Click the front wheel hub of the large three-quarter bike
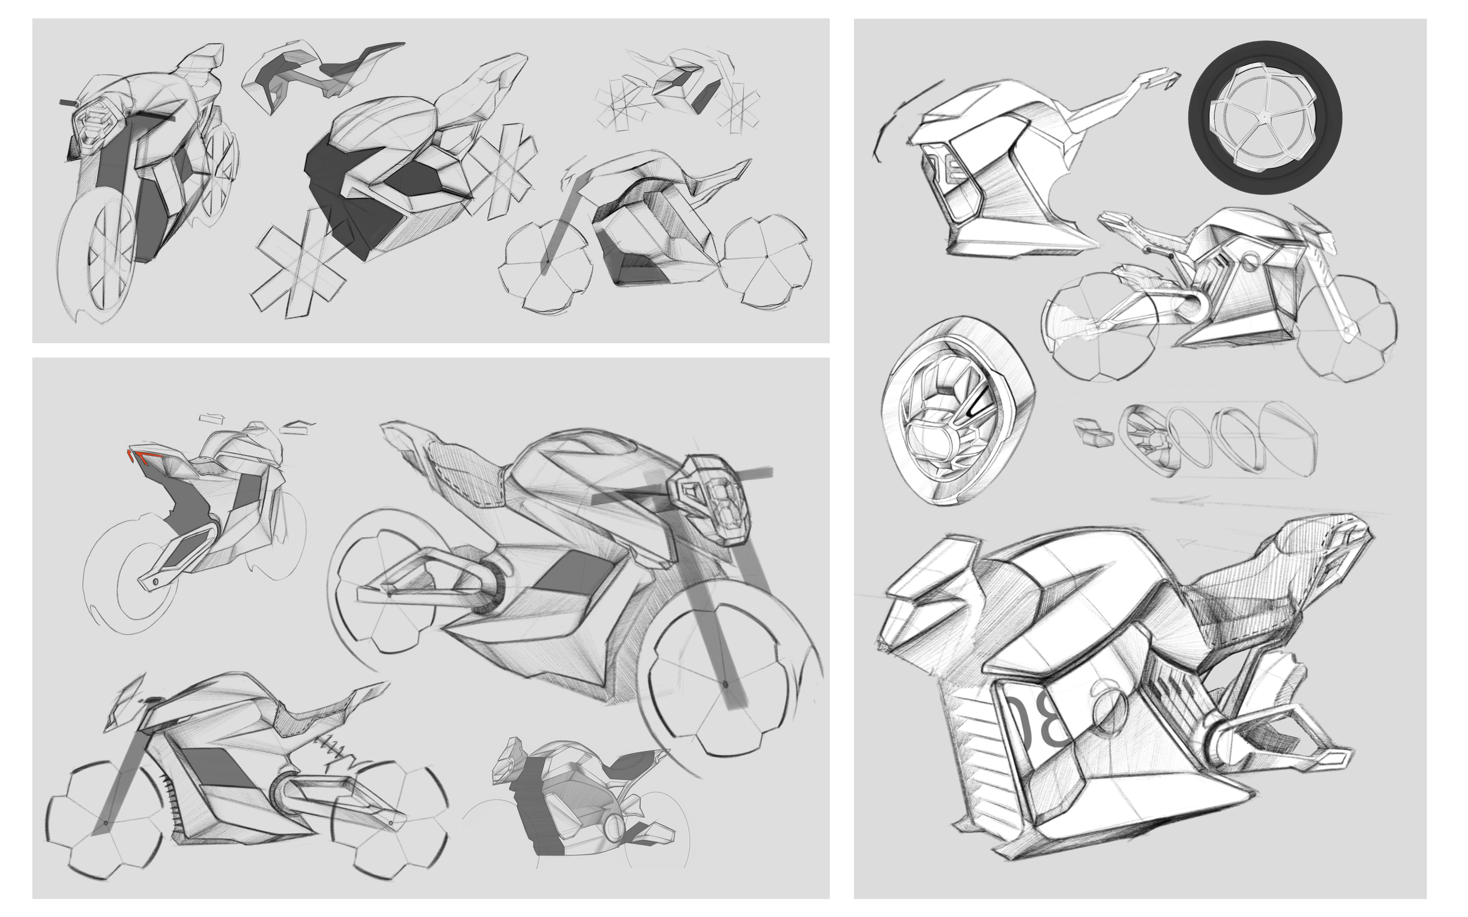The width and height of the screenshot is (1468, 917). pyautogui.click(x=726, y=684)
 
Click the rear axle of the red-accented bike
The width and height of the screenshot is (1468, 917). pyautogui.click(x=155, y=581)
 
